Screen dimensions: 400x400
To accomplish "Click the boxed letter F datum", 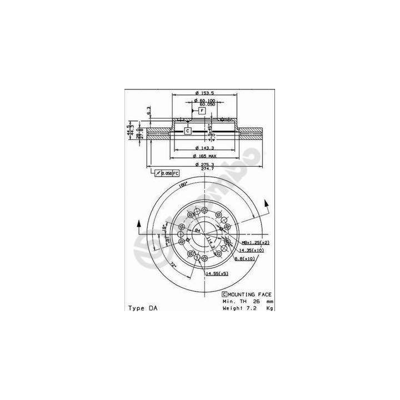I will click(x=202, y=111).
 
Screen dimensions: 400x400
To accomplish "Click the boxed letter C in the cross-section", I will click(x=187, y=131).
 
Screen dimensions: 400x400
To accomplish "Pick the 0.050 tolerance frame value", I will click(x=166, y=174).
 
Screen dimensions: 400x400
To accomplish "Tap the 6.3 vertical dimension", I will click(x=149, y=110).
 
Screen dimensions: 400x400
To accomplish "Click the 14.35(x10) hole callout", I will click(x=253, y=251).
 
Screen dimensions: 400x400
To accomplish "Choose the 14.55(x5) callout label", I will click(x=217, y=274).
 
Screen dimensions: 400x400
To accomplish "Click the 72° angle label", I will click(x=173, y=266).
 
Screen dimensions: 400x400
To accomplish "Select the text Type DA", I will click(x=143, y=308).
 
